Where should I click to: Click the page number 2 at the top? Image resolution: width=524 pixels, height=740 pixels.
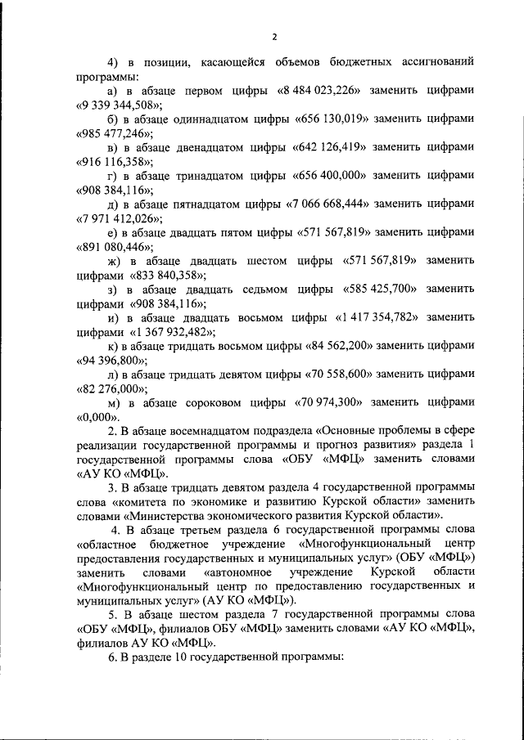[275, 36]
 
